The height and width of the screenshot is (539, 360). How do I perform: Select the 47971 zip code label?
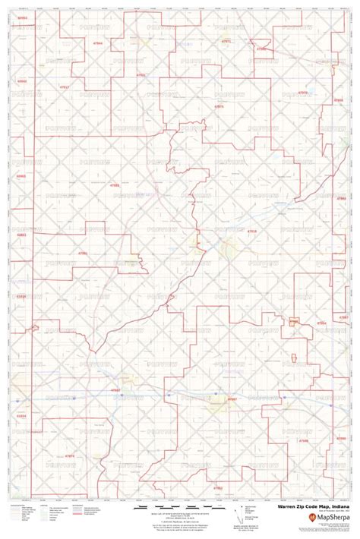(x=226, y=41)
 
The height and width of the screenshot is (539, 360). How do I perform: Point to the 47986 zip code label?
(x=261, y=49)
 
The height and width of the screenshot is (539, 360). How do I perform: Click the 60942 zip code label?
(x=21, y=80)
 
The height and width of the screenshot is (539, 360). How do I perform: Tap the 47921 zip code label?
(x=141, y=75)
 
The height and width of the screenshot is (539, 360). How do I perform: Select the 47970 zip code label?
(x=303, y=93)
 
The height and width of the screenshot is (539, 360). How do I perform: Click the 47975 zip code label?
(x=219, y=106)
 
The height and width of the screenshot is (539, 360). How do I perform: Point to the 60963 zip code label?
(x=21, y=176)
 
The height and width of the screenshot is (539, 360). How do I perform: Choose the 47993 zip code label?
(x=115, y=184)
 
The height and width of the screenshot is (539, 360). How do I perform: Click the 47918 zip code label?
(x=252, y=232)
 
